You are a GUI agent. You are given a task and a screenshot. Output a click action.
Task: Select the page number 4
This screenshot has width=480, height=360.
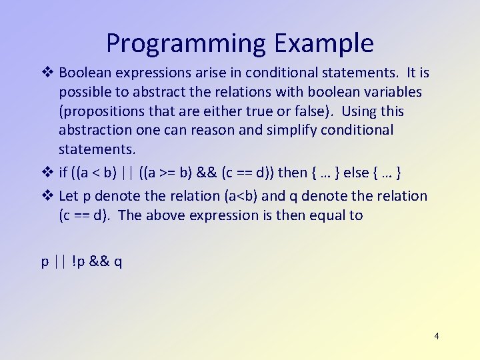point(436,336)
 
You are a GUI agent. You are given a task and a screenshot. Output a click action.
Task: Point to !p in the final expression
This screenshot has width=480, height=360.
point(78,261)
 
